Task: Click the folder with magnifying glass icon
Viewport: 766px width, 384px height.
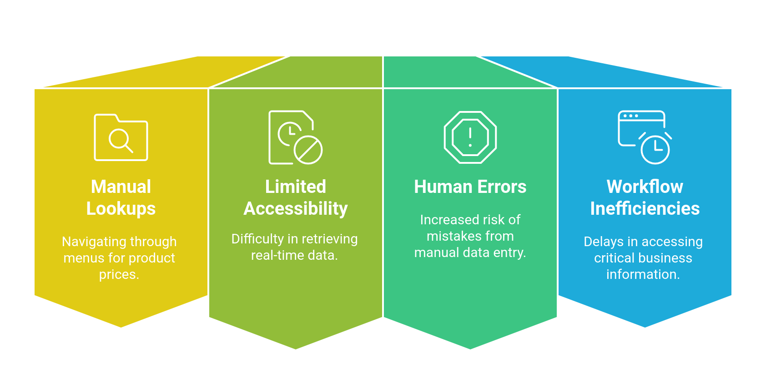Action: coord(121,137)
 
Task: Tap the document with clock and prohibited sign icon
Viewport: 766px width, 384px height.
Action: coord(296,137)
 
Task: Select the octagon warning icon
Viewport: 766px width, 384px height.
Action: coord(470,137)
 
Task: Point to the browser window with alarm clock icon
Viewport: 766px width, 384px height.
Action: coord(645,137)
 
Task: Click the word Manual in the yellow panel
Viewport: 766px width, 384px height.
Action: coord(121,187)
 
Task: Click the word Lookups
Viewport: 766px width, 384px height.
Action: coord(121,209)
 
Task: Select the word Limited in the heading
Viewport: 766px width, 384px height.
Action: coord(296,187)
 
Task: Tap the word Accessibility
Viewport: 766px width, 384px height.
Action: coord(296,209)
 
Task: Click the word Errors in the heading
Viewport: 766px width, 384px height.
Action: coord(502,187)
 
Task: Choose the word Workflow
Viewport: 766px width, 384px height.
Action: coord(645,187)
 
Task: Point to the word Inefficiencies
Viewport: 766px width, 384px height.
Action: coord(645,209)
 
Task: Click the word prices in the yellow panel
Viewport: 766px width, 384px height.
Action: coord(117,275)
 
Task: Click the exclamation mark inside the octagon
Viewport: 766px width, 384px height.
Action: coord(470,137)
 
